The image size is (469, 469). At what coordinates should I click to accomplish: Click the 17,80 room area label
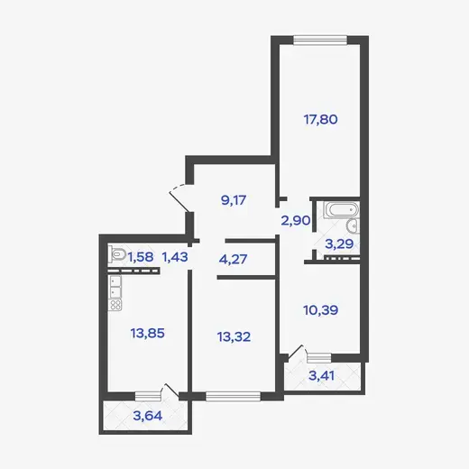click(x=320, y=120)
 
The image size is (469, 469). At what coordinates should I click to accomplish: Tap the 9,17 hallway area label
click(x=234, y=200)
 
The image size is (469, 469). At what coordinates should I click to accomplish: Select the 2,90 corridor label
click(x=296, y=221)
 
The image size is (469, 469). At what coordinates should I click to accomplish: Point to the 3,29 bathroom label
click(x=339, y=244)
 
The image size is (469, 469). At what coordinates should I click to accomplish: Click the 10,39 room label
click(x=321, y=310)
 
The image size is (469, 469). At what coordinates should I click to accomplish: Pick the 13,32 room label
click(x=234, y=337)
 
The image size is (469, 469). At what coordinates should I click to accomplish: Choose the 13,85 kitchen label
click(x=147, y=333)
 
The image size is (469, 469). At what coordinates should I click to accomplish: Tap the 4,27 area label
click(x=233, y=259)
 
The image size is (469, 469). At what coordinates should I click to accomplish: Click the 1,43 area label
click(x=175, y=257)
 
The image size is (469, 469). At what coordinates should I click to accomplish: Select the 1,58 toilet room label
click(x=141, y=257)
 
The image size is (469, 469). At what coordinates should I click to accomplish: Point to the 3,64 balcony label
click(x=148, y=416)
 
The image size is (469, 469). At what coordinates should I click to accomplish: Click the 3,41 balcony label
click(x=321, y=376)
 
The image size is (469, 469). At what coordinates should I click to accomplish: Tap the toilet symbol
click(x=117, y=255)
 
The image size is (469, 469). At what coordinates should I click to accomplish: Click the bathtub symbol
click(x=341, y=209)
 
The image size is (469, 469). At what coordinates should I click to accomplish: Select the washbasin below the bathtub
click(x=353, y=225)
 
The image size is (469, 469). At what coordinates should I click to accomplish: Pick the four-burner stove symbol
click(x=115, y=305)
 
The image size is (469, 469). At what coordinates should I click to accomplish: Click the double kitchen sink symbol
click(x=115, y=287)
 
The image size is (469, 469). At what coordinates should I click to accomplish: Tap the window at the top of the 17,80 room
click(x=320, y=41)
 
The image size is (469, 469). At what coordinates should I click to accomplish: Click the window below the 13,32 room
click(x=234, y=396)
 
